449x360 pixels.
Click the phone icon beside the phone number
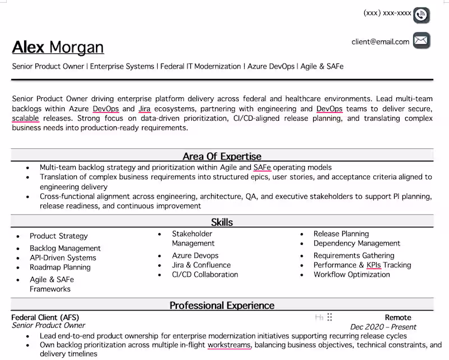421,15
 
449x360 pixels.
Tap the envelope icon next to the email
421,40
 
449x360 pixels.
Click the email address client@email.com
381,42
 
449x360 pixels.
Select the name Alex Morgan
58,47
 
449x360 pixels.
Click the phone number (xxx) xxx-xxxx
387,13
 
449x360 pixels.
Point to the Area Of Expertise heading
222,156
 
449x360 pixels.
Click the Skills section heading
222,222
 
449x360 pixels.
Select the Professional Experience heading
222,306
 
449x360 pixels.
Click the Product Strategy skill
58,236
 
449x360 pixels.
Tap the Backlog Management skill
65,248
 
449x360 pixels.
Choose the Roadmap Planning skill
60,267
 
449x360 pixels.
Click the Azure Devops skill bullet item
195,256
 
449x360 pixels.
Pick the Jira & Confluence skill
201,265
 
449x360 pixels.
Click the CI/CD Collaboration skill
205,275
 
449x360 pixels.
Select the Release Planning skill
341,234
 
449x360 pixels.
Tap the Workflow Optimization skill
352,275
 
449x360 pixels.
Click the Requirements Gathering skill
354,256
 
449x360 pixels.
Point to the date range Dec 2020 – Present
383,327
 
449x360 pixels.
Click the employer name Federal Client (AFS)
45,317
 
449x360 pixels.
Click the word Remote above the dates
398,317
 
